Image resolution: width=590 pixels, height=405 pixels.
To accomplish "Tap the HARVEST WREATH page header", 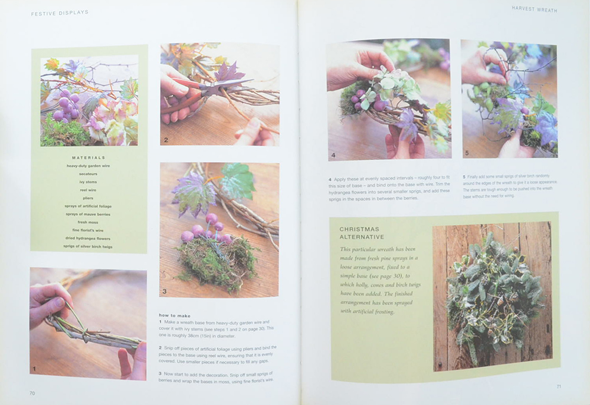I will [534, 9].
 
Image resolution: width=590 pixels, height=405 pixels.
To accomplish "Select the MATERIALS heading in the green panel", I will [88, 157].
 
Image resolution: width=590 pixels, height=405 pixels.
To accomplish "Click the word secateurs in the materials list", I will [88, 174].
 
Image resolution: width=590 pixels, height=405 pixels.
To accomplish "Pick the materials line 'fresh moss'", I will [88, 222].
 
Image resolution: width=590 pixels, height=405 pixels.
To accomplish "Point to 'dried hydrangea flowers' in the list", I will [88, 238].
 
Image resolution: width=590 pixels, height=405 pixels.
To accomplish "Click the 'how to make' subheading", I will [175, 315].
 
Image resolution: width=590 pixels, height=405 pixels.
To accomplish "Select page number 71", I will [558, 387].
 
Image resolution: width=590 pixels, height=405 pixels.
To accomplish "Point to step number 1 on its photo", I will [34, 370].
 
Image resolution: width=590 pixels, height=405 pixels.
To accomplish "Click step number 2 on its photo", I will [167, 140].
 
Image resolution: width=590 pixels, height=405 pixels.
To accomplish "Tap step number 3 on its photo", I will [166, 291].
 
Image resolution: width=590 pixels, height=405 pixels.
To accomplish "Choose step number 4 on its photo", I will [333, 155].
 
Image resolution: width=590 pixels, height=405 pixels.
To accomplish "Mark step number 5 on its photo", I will [467, 153].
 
